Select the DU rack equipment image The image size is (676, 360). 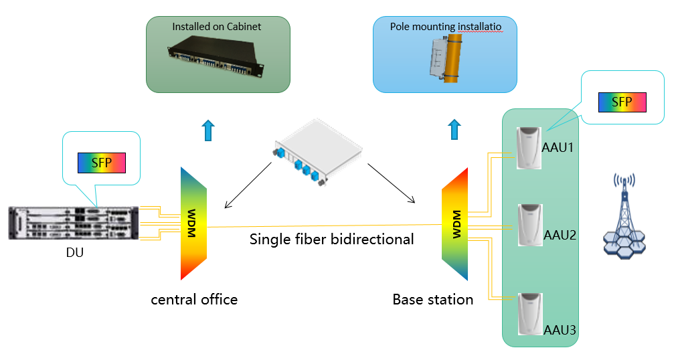coord(74,223)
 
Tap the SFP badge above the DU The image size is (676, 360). coord(100,163)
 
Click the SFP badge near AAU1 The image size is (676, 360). coord(622,102)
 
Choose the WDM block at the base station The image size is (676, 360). coord(455,223)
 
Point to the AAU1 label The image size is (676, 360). coord(558,147)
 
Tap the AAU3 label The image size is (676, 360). coord(560,330)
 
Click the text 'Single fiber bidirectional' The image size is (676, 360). coord(331,239)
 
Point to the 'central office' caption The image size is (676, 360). coord(194,299)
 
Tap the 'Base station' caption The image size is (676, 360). coord(432,299)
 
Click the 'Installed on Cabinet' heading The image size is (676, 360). coord(217,27)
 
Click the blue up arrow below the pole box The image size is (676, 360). coord(454,129)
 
